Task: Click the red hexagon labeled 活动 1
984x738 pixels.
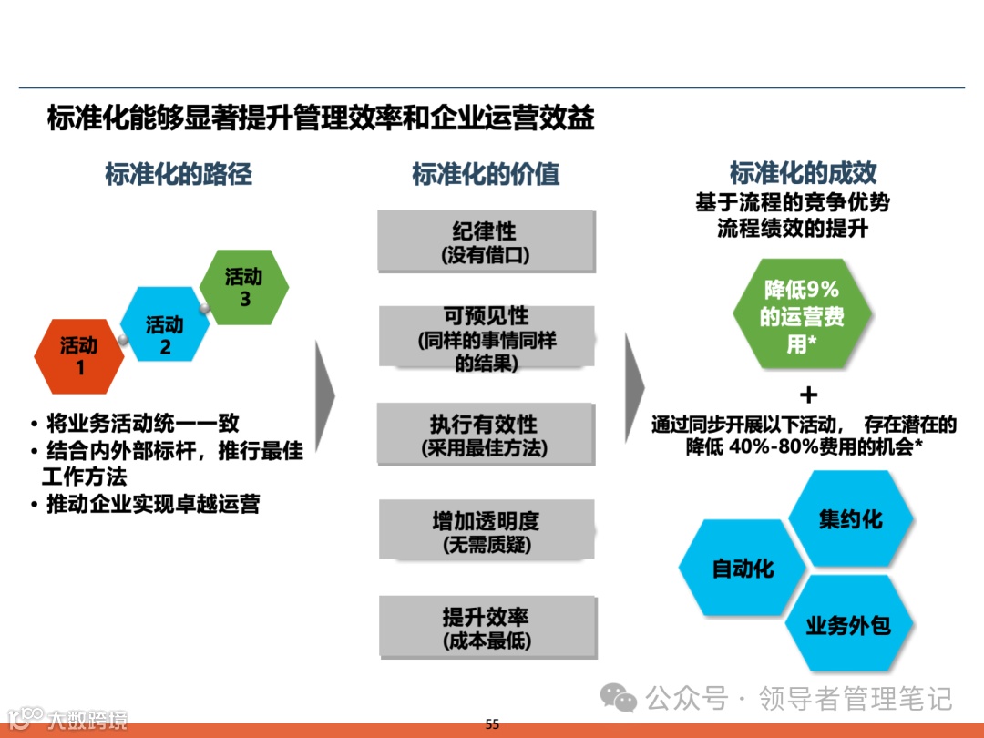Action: tap(78, 354)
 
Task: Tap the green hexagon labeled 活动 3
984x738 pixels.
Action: tap(244, 286)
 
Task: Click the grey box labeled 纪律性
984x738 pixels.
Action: tap(486, 242)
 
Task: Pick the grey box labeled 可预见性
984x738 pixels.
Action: tap(486, 338)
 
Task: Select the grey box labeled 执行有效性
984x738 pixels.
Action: tap(486, 435)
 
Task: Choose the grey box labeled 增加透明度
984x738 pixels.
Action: tap(486, 531)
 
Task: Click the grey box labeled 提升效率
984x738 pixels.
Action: tap(486, 628)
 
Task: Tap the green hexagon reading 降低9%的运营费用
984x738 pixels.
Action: tap(801, 315)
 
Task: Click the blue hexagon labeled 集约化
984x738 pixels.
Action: tap(850, 519)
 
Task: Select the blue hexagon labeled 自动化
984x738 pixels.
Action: tap(743, 569)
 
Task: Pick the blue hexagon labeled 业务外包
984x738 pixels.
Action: tap(847, 625)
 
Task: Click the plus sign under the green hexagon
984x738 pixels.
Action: tap(807, 395)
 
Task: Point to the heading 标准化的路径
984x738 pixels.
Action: tap(179, 174)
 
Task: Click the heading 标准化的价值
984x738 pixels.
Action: tap(486, 174)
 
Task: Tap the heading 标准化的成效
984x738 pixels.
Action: tap(803, 173)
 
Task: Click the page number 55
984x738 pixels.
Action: tap(492, 724)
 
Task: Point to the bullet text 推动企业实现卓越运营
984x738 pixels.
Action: tap(153, 504)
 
